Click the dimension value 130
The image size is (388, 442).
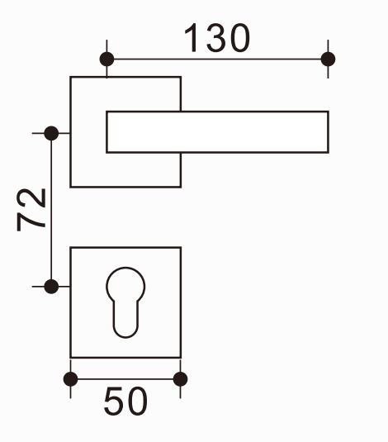pyautogui.click(x=216, y=38)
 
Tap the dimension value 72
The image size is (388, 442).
pyautogui.click(x=31, y=210)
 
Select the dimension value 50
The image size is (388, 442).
pyautogui.click(x=125, y=402)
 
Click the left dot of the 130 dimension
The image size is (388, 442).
pyautogui.click(x=106, y=59)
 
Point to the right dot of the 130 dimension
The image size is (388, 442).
pyautogui.click(x=328, y=59)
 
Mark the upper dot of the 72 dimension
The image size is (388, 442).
pyautogui.click(x=51, y=133)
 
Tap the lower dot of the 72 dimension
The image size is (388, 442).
pyautogui.click(x=51, y=287)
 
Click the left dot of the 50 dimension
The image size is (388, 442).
pyautogui.click(x=70, y=379)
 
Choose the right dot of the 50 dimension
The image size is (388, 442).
pyautogui.click(x=180, y=379)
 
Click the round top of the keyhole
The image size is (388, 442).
pyautogui.click(x=125, y=268)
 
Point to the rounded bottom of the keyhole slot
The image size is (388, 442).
pyautogui.click(x=125, y=337)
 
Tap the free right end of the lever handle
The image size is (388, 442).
pyautogui.click(x=329, y=132)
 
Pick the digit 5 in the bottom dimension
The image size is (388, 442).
pyautogui.click(x=114, y=402)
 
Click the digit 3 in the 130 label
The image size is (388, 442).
pyautogui.click(x=216, y=38)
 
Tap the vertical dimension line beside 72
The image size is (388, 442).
pyautogui.click(x=51, y=210)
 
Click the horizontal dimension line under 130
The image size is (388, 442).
pyautogui.click(x=217, y=59)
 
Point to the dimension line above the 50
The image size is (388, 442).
pyautogui.click(x=125, y=379)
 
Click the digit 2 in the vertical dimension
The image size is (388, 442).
pyautogui.click(x=31, y=198)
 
